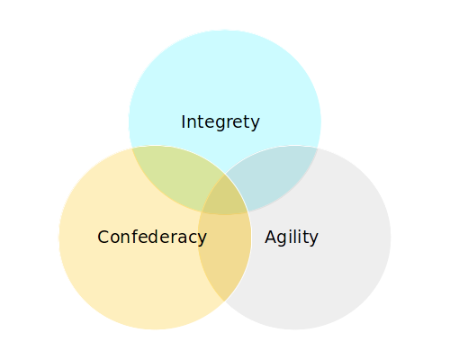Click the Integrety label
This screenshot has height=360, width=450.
click(220, 122)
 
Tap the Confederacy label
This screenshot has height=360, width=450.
click(152, 237)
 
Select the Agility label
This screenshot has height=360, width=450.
click(292, 237)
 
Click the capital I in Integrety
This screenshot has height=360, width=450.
click(183, 121)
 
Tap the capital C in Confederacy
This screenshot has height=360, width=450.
click(103, 237)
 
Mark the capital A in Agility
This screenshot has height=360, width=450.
click(271, 237)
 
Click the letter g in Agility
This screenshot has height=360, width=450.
click(283, 239)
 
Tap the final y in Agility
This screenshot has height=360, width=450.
click(313, 239)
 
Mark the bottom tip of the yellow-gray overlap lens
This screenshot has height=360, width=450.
click(224, 301)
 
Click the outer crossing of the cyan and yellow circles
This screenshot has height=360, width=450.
click(132, 148)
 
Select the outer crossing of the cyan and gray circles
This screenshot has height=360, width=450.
click(318, 148)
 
